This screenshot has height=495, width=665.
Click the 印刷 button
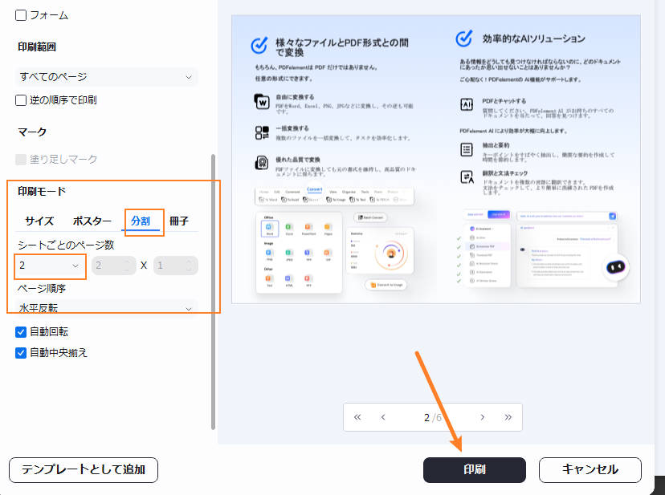474,469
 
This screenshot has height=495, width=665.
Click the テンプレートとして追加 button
84,469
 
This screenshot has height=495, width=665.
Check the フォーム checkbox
22,15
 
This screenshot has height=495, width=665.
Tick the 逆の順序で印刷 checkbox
22,100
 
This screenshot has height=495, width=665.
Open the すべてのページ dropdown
107,77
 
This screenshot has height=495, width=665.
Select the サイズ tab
39,221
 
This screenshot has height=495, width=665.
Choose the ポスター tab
92,221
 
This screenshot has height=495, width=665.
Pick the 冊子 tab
179,221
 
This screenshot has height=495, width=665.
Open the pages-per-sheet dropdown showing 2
50,266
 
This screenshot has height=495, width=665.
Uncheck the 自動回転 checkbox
22,331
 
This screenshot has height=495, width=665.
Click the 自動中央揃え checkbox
22,352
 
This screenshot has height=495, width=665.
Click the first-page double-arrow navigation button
357,417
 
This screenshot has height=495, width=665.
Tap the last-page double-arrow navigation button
508,417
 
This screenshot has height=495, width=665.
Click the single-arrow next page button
482,417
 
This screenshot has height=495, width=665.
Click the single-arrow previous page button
383,417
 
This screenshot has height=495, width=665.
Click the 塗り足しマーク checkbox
22,159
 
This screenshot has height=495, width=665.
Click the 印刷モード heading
42,191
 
